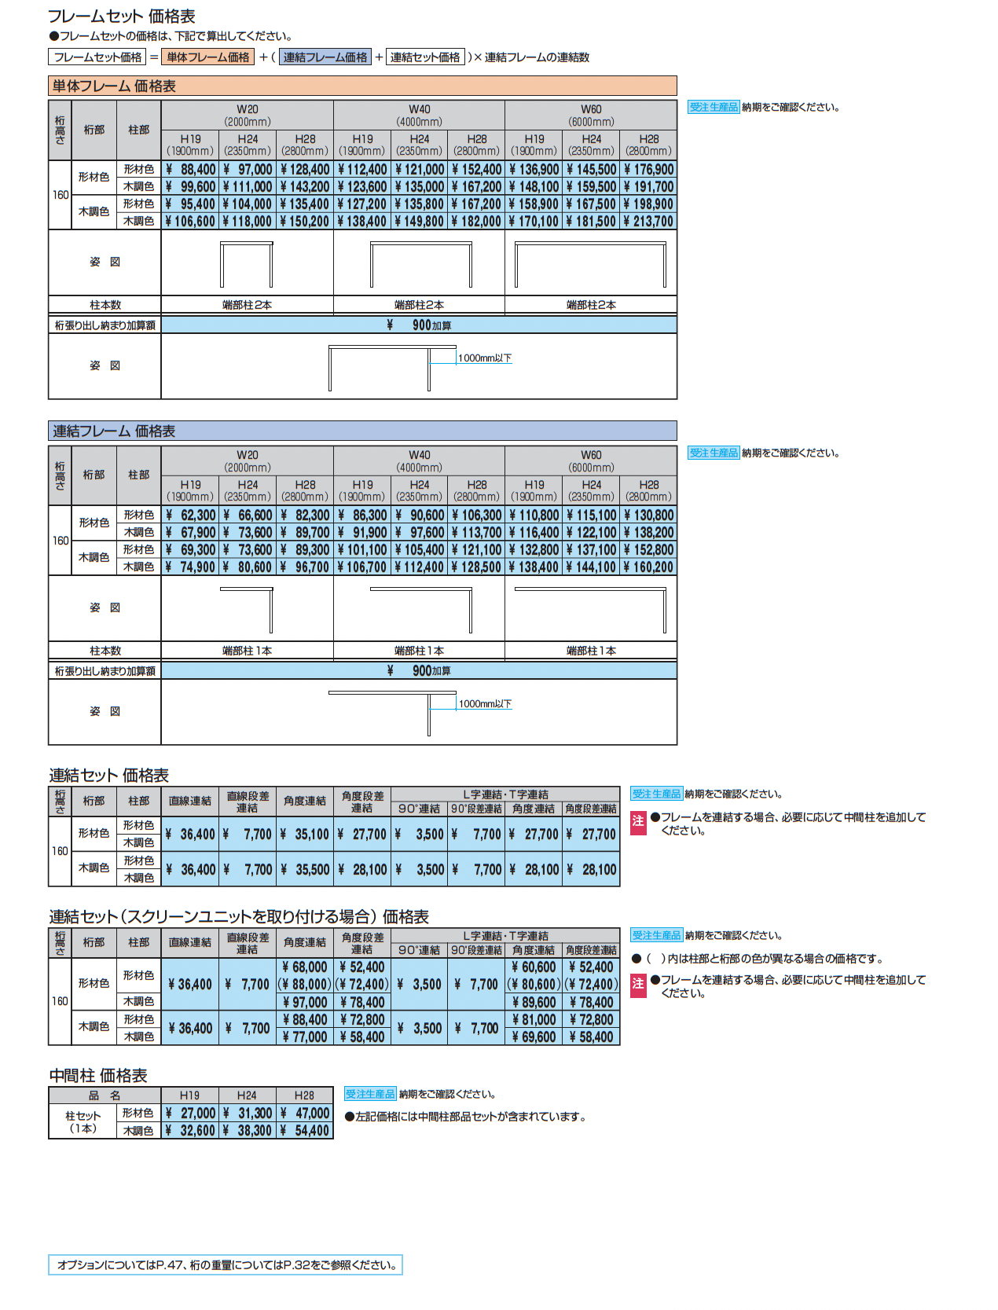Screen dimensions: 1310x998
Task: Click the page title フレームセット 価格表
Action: point(121,16)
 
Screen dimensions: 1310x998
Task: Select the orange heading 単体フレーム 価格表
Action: point(114,86)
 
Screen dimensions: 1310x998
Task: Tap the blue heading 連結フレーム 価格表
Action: point(114,431)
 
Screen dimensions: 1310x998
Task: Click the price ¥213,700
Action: point(648,222)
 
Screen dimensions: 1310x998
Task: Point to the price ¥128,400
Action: point(305,170)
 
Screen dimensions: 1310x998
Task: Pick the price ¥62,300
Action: point(190,516)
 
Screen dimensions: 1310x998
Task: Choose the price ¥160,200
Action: point(648,567)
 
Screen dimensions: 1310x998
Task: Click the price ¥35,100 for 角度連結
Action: point(305,835)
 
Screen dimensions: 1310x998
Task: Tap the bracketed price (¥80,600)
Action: point(534,984)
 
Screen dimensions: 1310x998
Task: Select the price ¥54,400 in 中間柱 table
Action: point(305,1131)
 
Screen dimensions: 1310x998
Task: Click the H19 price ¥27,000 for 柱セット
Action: point(190,1114)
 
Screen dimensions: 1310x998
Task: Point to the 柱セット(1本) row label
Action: point(83,1121)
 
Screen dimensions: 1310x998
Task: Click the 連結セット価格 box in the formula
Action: point(425,57)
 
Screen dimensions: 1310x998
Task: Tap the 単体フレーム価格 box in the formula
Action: point(207,57)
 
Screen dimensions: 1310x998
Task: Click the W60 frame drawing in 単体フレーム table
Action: point(590,264)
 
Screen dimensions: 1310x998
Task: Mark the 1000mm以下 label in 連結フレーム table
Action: point(485,704)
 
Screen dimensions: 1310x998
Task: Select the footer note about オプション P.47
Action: point(226,1265)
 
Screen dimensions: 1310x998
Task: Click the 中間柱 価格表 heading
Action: point(98,1076)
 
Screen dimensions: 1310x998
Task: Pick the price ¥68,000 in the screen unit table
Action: point(305,967)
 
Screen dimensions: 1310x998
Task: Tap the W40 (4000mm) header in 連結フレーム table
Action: point(419,461)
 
